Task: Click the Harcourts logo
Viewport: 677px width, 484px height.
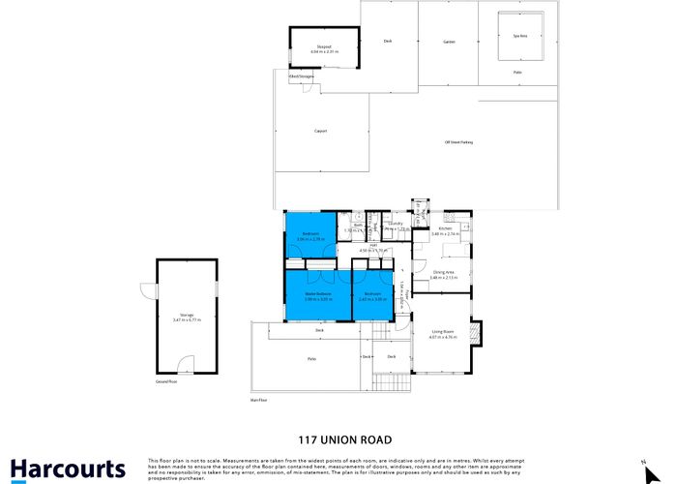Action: point(68,468)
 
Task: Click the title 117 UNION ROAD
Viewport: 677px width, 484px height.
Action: point(338,436)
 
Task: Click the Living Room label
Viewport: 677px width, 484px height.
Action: point(444,332)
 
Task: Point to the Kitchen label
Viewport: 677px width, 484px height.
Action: point(446,227)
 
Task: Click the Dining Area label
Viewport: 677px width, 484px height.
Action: point(445,271)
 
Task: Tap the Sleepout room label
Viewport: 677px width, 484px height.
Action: point(324,45)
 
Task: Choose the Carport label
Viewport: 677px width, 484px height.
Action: point(320,130)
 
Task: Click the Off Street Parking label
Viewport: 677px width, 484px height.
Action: point(458,142)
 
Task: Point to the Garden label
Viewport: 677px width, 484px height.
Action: point(449,42)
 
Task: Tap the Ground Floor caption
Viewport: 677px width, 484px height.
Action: point(165,381)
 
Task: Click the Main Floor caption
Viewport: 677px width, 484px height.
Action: point(257,398)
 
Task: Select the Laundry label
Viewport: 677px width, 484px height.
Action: point(395,223)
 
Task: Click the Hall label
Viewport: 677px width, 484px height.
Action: point(372,246)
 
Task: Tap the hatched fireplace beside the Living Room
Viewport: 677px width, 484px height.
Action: point(475,332)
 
